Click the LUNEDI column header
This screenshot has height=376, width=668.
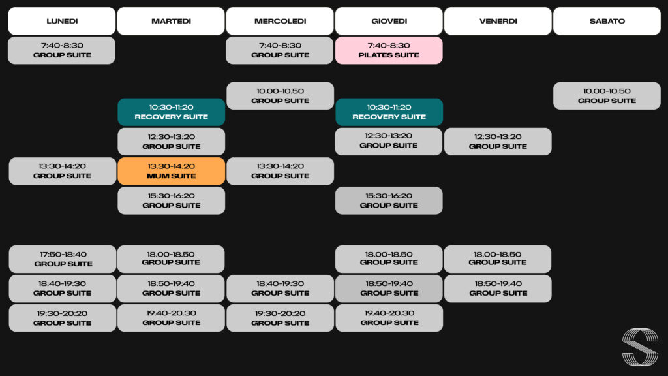(x=62, y=21)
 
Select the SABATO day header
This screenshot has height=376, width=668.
(x=607, y=21)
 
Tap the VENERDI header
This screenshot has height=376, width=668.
(x=498, y=21)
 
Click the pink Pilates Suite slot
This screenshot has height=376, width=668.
(x=389, y=50)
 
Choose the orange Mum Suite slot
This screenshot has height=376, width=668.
(x=172, y=171)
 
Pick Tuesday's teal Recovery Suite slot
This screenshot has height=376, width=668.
(x=172, y=112)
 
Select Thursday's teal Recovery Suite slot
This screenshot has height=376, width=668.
(x=389, y=112)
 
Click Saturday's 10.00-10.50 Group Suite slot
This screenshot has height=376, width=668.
(x=607, y=96)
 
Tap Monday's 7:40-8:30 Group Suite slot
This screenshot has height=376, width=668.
(x=62, y=50)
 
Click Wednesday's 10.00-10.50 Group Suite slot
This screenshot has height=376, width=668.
(x=280, y=96)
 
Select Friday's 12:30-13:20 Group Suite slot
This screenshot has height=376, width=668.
(x=498, y=142)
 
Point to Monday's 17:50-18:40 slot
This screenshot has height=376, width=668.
(x=62, y=258)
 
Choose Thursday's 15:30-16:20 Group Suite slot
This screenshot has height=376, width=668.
(x=389, y=200)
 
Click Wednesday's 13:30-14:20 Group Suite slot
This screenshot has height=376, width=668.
(x=280, y=171)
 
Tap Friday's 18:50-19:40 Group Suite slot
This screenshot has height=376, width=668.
(x=498, y=289)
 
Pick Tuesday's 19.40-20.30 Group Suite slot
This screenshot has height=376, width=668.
(x=172, y=318)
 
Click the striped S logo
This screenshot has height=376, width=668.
(x=640, y=347)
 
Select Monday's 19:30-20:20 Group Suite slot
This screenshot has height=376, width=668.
(x=62, y=318)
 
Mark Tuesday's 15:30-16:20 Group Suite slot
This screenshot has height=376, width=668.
(x=172, y=200)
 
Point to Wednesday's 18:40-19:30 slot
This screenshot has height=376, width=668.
(x=280, y=289)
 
